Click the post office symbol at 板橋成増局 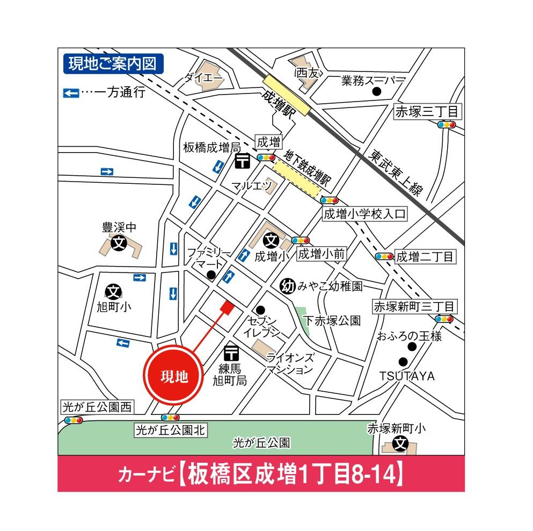click(243, 160)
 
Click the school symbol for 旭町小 click(114, 291)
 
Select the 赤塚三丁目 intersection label click(427, 112)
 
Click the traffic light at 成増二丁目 click(384, 256)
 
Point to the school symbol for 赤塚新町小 click(400, 444)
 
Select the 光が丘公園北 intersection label click(170, 430)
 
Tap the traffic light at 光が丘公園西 click(72, 420)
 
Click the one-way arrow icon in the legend click(71, 93)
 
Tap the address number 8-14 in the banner click(373, 475)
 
